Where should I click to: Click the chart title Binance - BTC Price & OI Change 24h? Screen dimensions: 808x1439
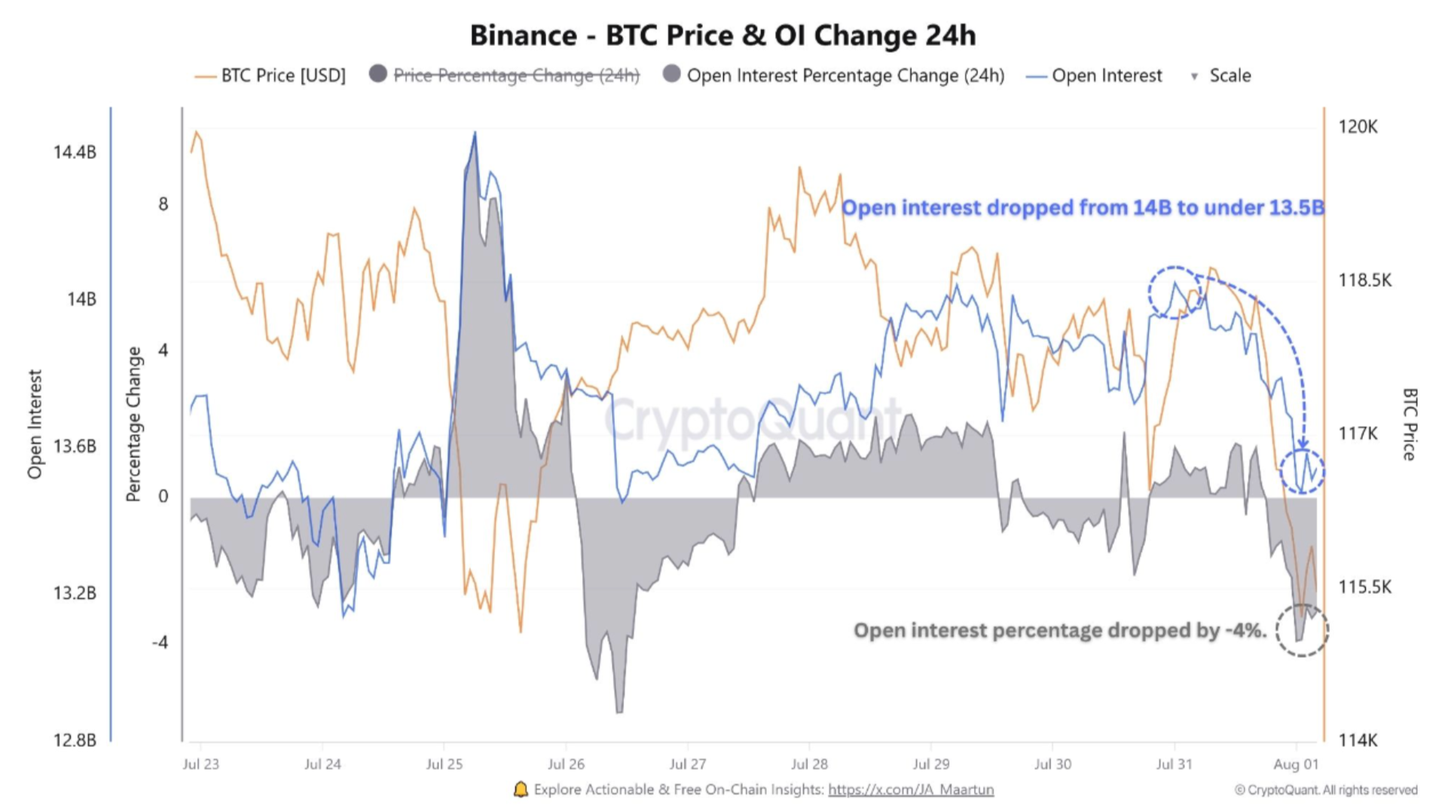(x=722, y=35)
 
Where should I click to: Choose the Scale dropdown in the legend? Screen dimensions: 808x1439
(x=1221, y=75)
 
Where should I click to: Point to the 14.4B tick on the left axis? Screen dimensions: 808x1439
(x=75, y=152)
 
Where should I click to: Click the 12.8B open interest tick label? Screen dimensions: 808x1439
(x=75, y=740)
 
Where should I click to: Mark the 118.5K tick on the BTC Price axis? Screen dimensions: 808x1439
(x=1364, y=280)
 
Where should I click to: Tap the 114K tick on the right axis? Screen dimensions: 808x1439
(x=1358, y=740)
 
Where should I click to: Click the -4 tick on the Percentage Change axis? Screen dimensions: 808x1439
(x=160, y=643)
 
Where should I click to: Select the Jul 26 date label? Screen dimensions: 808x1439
(x=566, y=764)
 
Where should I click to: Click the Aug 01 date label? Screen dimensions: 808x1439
(x=1296, y=764)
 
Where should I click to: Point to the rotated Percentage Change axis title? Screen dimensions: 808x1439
(x=133, y=424)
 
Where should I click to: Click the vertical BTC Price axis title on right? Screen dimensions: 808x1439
(x=1410, y=424)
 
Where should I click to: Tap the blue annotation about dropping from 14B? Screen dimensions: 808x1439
(x=1082, y=208)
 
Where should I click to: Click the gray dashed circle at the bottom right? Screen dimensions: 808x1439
(x=1301, y=630)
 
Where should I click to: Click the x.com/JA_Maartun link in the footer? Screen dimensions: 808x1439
(x=910, y=789)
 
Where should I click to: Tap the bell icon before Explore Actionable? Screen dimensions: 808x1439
(x=521, y=789)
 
